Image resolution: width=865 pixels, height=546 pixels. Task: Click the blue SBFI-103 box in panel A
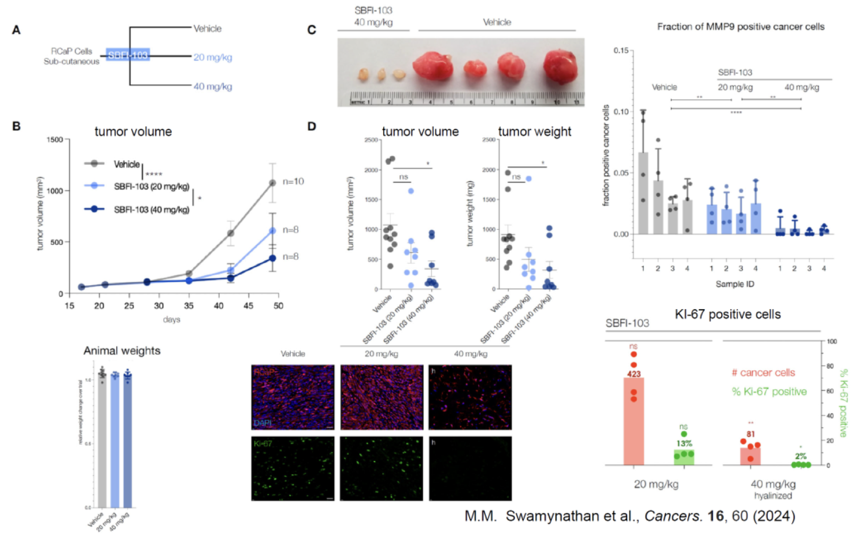[127, 55]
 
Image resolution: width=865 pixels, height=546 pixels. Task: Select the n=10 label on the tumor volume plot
[293, 182]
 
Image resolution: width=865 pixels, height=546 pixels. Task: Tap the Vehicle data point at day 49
[273, 183]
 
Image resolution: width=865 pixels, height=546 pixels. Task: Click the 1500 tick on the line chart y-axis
[55, 140]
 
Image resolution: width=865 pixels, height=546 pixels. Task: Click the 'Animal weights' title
[122, 351]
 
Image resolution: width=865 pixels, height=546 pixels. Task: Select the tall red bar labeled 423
[634, 420]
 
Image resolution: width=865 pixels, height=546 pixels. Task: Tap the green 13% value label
[684, 443]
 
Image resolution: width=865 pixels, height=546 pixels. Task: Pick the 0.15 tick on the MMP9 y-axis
[620, 50]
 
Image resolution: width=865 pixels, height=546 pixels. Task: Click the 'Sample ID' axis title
[734, 284]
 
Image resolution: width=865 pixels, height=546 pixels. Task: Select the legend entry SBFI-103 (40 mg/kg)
[151, 210]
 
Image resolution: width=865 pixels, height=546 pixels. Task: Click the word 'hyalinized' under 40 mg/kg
[773, 496]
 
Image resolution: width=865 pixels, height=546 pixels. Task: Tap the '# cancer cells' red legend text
[763, 373]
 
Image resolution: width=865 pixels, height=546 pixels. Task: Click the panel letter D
[312, 126]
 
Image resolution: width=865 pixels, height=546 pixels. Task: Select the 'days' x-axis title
[171, 319]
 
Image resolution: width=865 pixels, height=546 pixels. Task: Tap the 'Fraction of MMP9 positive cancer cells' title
[740, 27]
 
